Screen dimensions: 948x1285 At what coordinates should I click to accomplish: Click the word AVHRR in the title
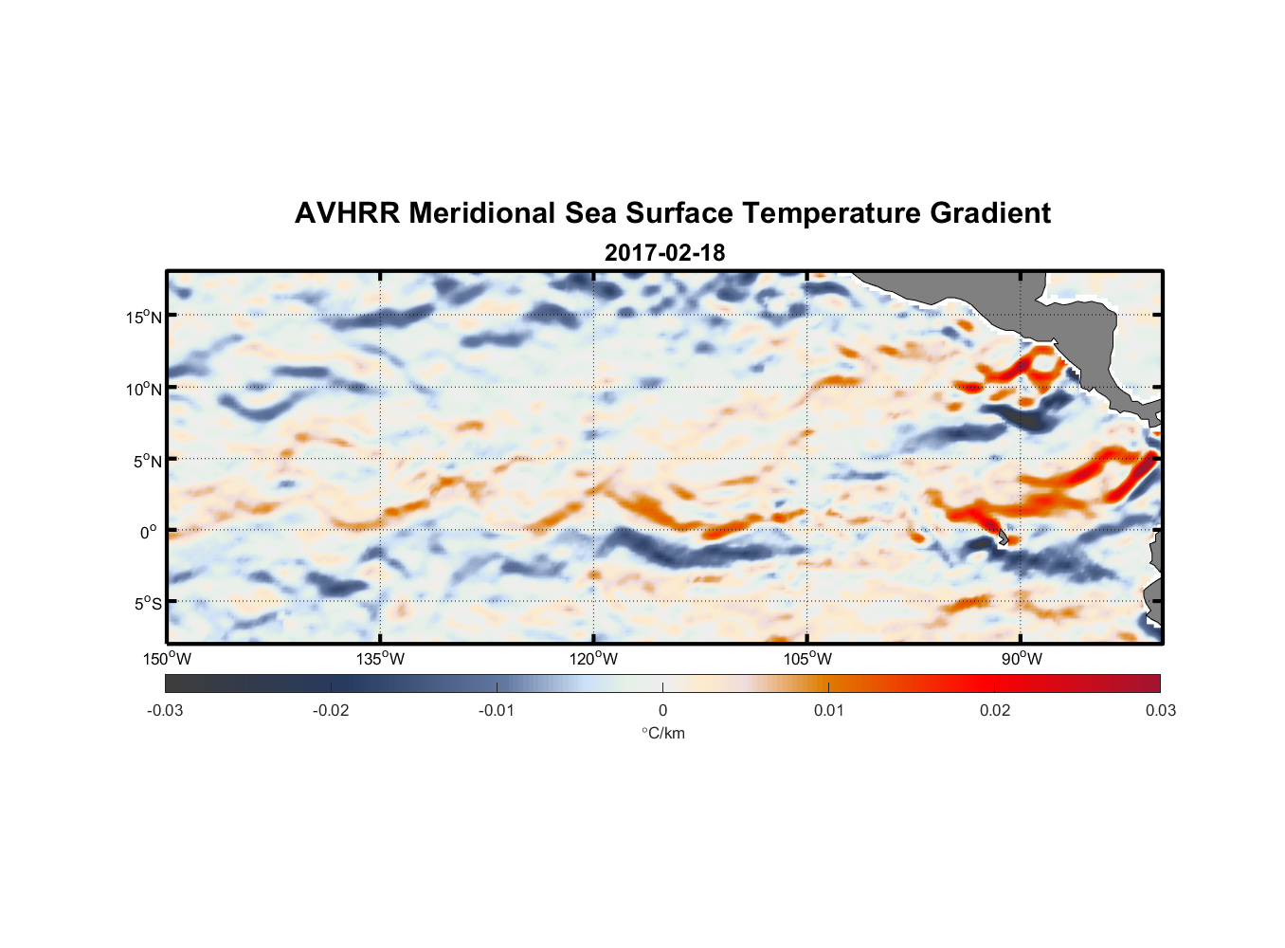point(346,213)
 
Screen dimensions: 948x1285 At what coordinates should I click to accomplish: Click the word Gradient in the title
point(989,213)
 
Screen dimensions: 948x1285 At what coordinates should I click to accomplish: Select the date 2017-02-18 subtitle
point(664,253)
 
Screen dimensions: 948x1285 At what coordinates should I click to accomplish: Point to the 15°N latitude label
point(144,317)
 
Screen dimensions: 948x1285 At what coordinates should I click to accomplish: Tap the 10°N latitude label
point(144,389)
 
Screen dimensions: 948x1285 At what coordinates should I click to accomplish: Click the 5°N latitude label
point(147,461)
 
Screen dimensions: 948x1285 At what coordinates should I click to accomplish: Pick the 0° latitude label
point(149,532)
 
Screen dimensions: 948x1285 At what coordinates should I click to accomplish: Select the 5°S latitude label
point(147,603)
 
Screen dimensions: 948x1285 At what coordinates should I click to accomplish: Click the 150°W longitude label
point(168,659)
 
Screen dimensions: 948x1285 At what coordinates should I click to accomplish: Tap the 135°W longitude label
point(381,659)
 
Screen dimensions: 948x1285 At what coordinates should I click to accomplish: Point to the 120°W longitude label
point(594,659)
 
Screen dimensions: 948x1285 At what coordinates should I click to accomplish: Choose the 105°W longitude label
point(807,659)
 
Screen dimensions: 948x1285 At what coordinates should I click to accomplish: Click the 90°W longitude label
point(1022,659)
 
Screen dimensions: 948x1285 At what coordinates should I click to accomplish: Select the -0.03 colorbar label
point(165,710)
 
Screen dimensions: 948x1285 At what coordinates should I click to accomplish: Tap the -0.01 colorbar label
point(497,710)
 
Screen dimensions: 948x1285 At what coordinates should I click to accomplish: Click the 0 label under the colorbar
point(662,710)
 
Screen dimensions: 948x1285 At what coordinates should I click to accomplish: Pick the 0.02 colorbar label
point(995,710)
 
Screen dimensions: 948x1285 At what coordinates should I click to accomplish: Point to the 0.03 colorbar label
point(1160,710)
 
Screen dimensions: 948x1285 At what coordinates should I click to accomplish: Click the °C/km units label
point(662,733)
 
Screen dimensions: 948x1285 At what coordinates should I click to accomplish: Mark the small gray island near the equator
point(1001,537)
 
